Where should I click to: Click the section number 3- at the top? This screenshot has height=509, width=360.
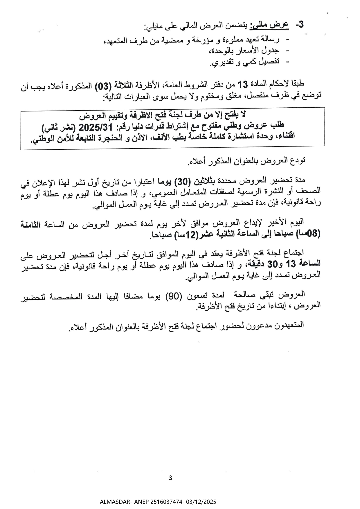(300, 25)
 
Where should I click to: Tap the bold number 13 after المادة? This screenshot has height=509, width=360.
(242, 85)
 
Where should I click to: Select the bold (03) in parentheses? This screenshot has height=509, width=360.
(104, 86)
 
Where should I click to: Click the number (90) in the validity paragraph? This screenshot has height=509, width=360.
(174, 296)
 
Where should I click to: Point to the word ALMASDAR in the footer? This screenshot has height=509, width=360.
(114, 502)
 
